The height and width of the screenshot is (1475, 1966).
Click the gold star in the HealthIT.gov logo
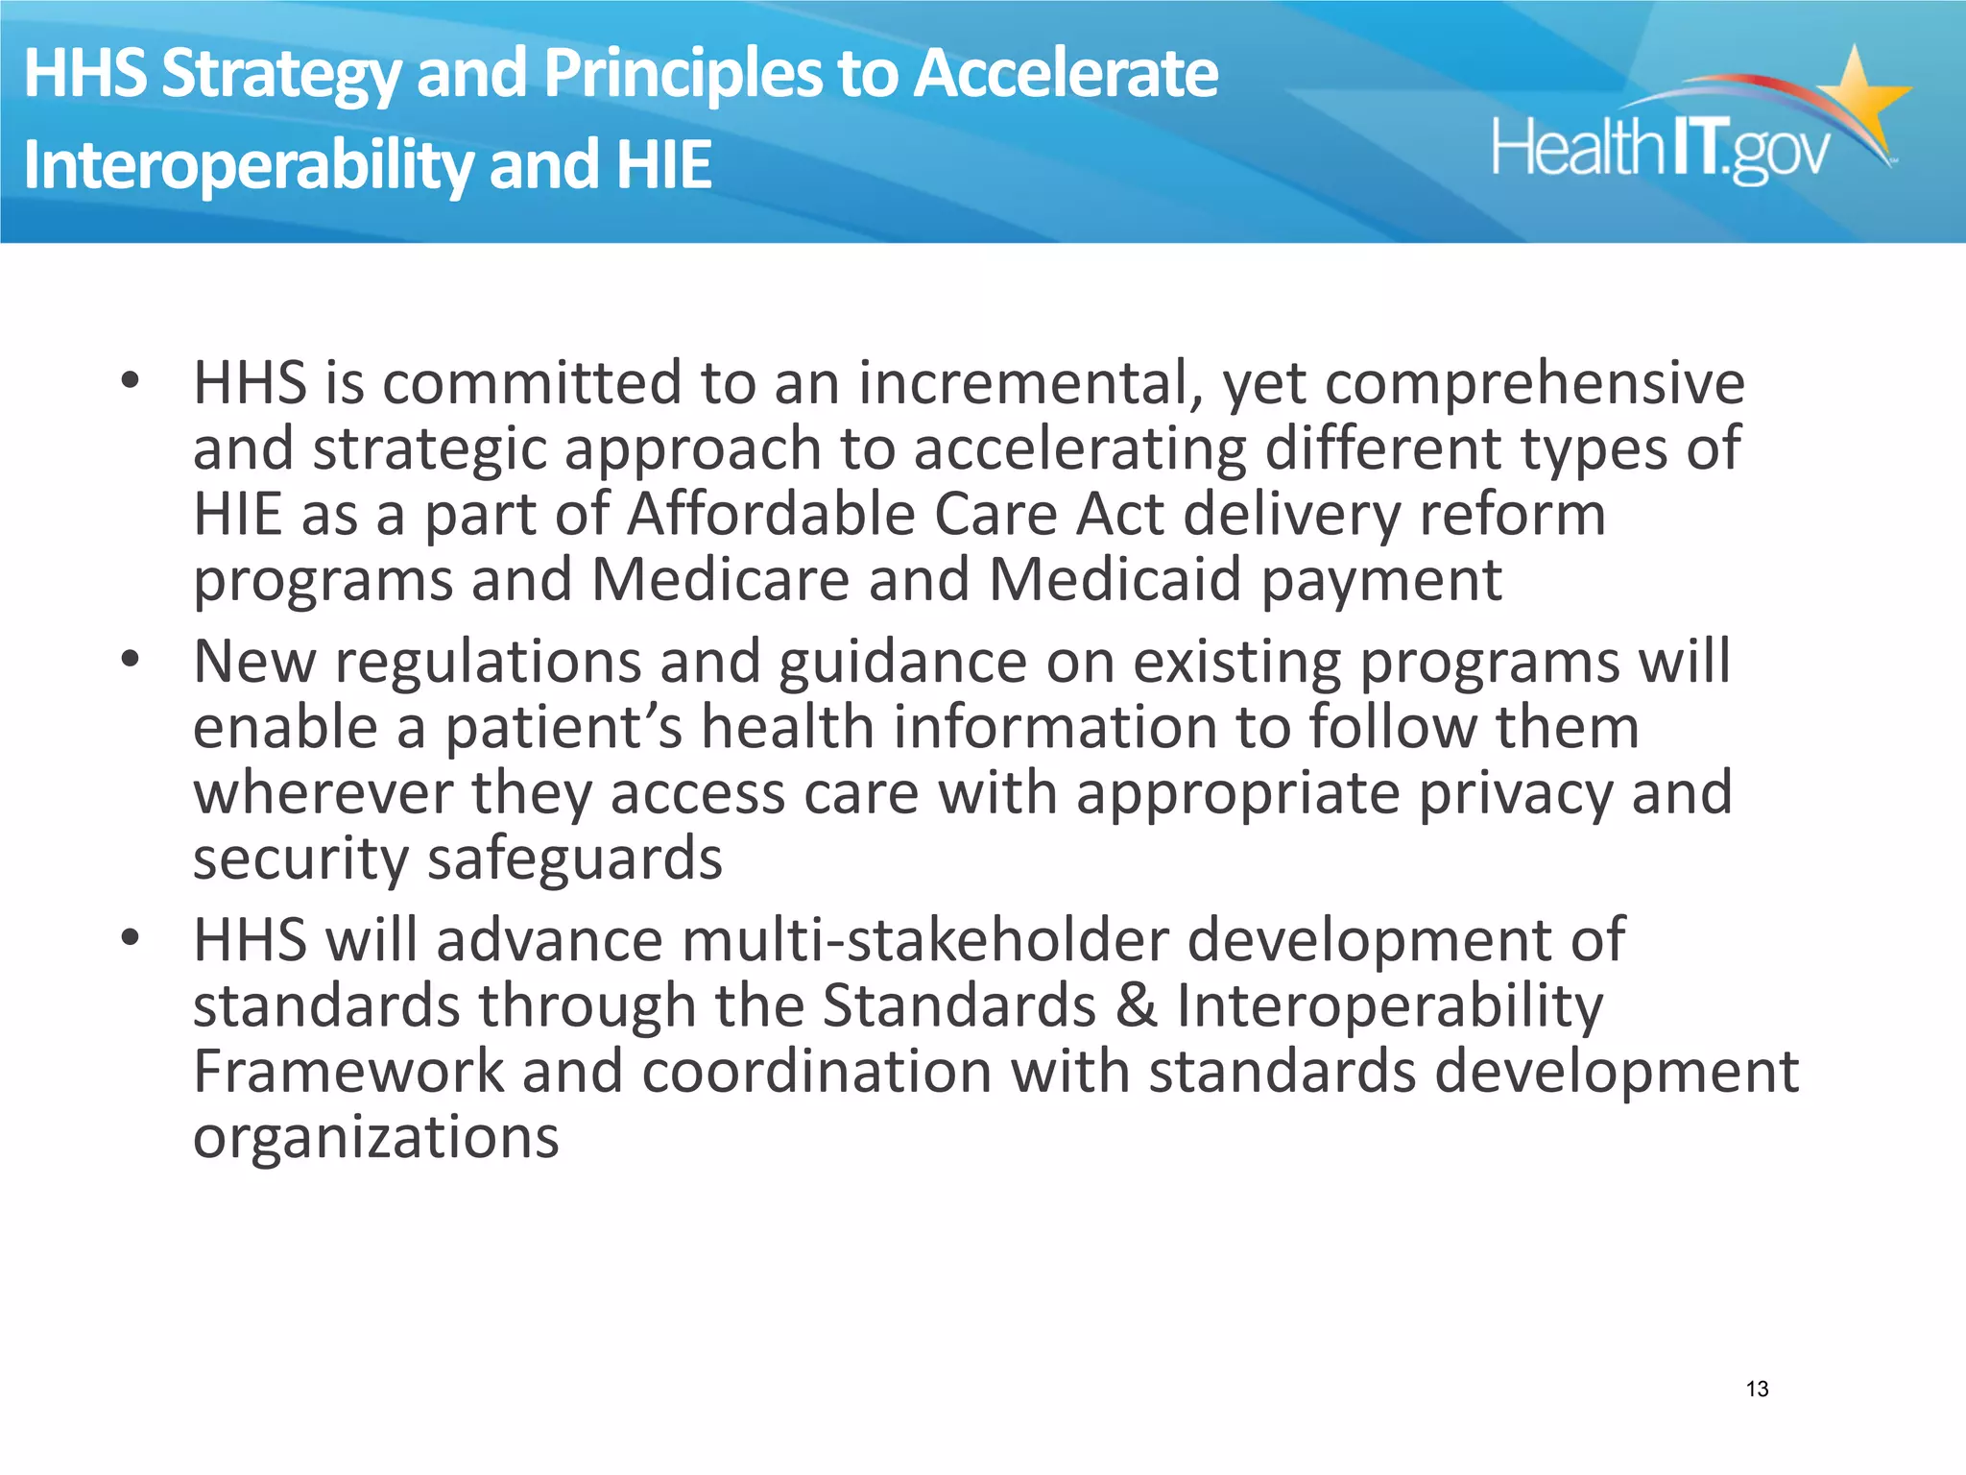pyautogui.click(x=1857, y=97)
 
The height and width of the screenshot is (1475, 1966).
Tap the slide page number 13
pyautogui.click(x=1757, y=1389)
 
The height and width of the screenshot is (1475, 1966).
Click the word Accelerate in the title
pyautogui.click(x=1065, y=74)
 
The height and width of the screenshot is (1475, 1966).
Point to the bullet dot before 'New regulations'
pyautogui.click(x=131, y=660)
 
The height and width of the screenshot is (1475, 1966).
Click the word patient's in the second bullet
pyautogui.click(x=563, y=727)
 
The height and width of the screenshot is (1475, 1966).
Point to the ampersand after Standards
pyautogui.click(x=1136, y=1005)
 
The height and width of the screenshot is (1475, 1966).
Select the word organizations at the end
pyautogui.click(x=375, y=1138)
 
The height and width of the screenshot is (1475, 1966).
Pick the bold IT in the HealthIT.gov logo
pyautogui.click(x=1696, y=147)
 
